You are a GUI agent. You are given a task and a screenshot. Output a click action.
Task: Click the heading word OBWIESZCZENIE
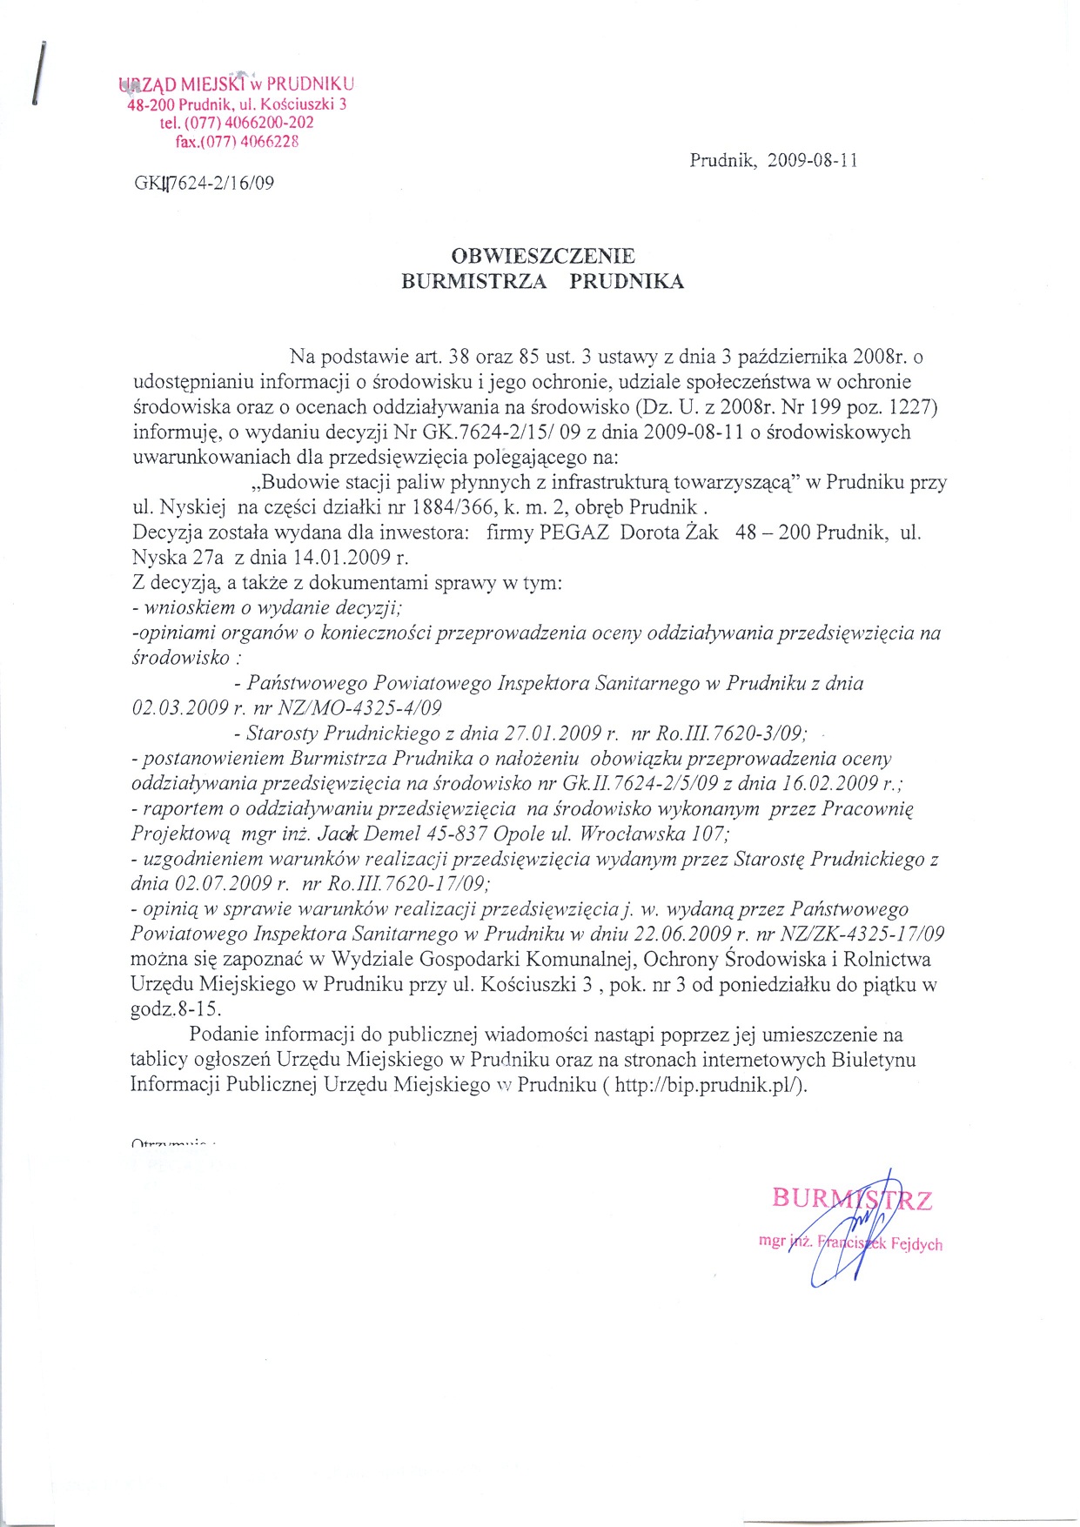(543, 256)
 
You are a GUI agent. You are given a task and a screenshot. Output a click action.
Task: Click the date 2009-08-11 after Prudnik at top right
(813, 160)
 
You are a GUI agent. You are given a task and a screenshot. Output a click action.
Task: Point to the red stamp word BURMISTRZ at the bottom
(852, 1200)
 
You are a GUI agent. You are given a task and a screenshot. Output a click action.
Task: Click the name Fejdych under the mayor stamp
(916, 1244)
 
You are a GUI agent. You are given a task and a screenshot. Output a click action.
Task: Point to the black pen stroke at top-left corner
(37, 73)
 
